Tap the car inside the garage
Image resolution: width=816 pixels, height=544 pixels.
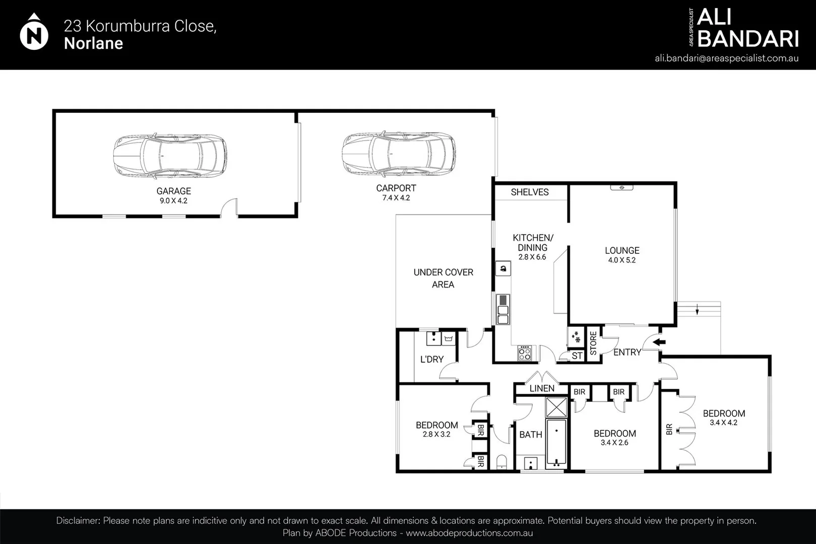[169, 156]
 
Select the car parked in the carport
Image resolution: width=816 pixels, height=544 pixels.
[398, 154]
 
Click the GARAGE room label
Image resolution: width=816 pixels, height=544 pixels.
[173, 191]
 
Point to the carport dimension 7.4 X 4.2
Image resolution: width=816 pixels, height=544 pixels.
[396, 198]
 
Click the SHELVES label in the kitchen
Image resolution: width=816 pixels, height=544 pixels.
[529, 192]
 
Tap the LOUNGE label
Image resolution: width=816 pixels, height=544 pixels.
[622, 250]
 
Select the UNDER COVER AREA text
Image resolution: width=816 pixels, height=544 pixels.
[443, 278]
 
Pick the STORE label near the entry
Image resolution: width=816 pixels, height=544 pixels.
[593, 343]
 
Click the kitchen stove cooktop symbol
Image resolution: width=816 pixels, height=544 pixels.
[525, 353]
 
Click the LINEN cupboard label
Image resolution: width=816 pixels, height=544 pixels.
[542, 388]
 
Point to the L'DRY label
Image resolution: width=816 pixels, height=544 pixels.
[432, 359]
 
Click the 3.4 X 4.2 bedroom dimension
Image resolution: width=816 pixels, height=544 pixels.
[723, 423]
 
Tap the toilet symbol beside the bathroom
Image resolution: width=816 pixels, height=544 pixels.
[501, 461]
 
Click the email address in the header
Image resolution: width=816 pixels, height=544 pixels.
[726, 58]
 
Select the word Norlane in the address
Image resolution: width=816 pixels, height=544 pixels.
[94, 43]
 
